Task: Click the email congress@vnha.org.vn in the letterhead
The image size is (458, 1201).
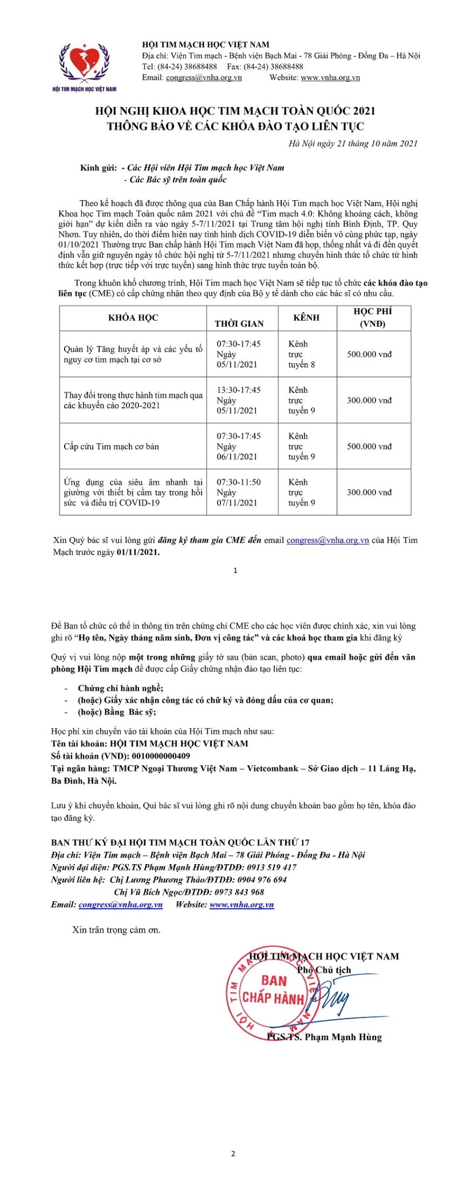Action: click(x=203, y=78)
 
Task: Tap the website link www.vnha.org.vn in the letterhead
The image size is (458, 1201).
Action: click(x=330, y=78)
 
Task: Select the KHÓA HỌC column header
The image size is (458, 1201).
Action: click(x=133, y=318)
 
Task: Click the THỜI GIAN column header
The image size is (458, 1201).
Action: click(x=239, y=324)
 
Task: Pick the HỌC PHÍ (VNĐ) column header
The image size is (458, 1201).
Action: click(x=373, y=318)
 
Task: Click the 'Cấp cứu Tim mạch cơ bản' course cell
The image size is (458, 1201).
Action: click(x=112, y=446)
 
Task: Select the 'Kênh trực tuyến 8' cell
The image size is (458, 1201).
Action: click(x=302, y=354)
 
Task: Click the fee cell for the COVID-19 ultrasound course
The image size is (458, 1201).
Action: click(x=369, y=492)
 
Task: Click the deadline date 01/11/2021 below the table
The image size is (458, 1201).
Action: click(x=138, y=553)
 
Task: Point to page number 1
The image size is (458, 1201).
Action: click(x=235, y=570)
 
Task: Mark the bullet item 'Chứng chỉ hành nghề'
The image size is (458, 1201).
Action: click(x=120, y=688)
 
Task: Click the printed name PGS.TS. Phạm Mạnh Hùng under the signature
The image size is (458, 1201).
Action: click(x=324, y=1036)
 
